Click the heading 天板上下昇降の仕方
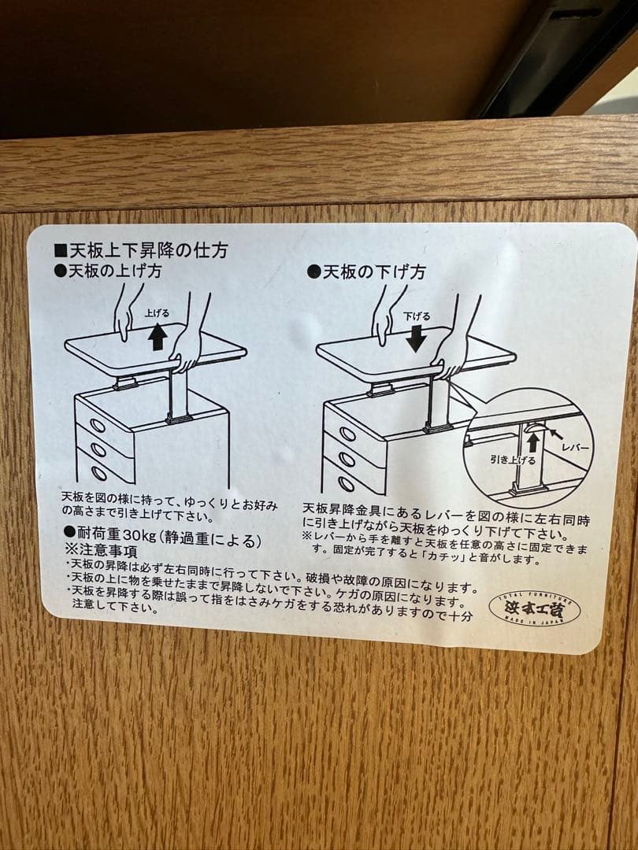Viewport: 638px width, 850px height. click(147, 251)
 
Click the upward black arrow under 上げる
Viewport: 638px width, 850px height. click(158, 336)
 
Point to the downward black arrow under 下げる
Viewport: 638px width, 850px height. click(417, 338)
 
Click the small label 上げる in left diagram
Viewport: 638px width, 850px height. click(157, 313)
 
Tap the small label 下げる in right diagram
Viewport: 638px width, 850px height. click(417, 316)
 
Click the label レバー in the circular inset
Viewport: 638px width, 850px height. click(575, 447)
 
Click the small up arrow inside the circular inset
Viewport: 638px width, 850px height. click(533, 442)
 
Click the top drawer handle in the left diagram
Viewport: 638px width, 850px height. click(98, 425)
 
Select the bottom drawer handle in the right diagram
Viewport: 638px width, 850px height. click(346, 484)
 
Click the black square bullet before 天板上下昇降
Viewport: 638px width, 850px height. click(59, 251)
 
